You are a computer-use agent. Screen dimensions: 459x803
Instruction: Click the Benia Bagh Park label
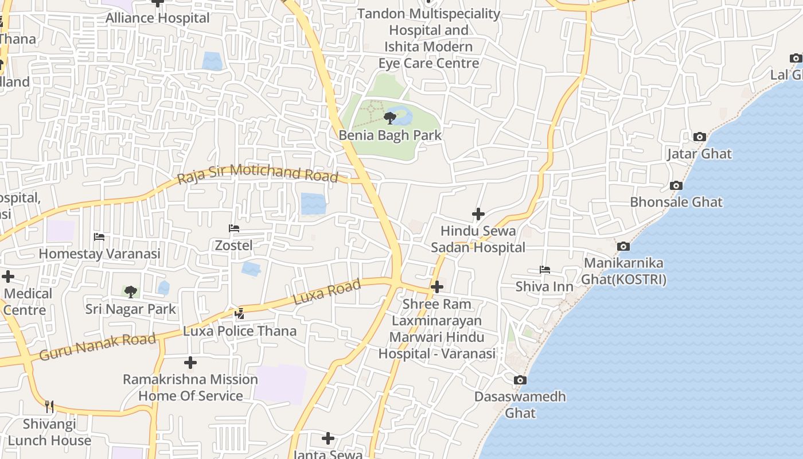[x=390, y=135]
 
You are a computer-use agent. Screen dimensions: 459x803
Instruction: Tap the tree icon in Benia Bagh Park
[x=390, y=119]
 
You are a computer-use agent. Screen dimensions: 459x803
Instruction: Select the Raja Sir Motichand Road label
[x=258, y=173]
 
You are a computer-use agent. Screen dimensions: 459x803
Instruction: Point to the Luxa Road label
[x=327, y=292]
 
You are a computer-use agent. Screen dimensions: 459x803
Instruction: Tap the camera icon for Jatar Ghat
[x=699, y=137]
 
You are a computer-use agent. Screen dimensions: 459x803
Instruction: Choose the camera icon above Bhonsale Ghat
[x=676, y=185]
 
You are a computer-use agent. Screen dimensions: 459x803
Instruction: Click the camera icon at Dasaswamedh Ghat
[x=520, y=380]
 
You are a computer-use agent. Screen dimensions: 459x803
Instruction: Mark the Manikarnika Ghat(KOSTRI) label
[x=623, y=271]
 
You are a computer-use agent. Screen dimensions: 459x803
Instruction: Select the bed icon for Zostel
[x=233, y=228]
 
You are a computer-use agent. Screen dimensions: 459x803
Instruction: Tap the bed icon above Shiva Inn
[x=544, y=269]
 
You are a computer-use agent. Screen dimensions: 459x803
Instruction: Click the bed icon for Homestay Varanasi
[x=99, y=236]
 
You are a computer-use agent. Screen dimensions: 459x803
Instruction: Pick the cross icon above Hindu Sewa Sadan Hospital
[x=478, y=214]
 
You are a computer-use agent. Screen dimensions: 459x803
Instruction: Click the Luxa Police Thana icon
[x=240, y=313]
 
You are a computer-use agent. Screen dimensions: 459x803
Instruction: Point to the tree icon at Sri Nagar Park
[x=131, y=292]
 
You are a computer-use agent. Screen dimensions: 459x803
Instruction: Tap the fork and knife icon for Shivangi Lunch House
[x=49, y=407]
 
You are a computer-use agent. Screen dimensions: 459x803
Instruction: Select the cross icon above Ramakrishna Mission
[x=190, y=363]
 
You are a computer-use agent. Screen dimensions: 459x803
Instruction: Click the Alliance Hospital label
[x=158, y=18]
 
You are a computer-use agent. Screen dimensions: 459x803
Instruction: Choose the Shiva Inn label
[x=544, y=286]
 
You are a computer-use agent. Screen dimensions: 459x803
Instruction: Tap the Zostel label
[x=233, y=246]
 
